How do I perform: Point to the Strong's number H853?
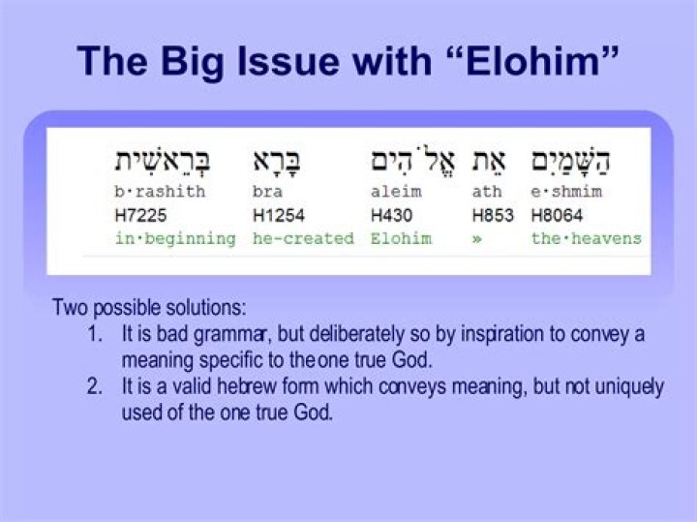click(x=493, y=214)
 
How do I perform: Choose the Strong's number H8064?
click(x=557, y=214)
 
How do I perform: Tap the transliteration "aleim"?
click(x=396, y=192)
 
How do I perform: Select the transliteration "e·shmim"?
click(x=566, y=192)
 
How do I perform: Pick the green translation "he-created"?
click(x=303, y=238)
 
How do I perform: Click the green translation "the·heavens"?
click(x=586, y=238)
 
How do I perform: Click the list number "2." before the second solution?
click(x=95, y=387)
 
